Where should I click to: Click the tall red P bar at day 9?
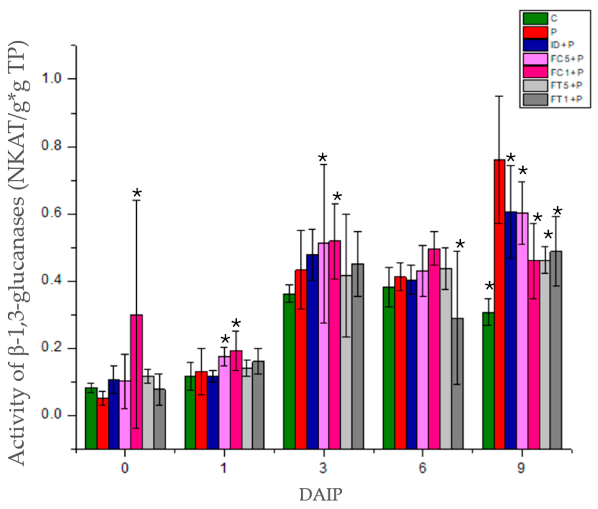point(500,303)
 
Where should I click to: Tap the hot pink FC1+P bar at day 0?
point(136,381)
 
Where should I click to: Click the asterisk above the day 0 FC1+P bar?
point(137,193)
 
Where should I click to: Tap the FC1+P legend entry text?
point(567,72)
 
